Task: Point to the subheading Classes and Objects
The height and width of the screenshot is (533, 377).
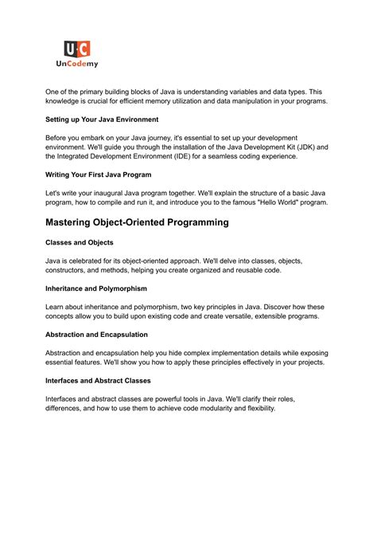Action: [79, 242]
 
